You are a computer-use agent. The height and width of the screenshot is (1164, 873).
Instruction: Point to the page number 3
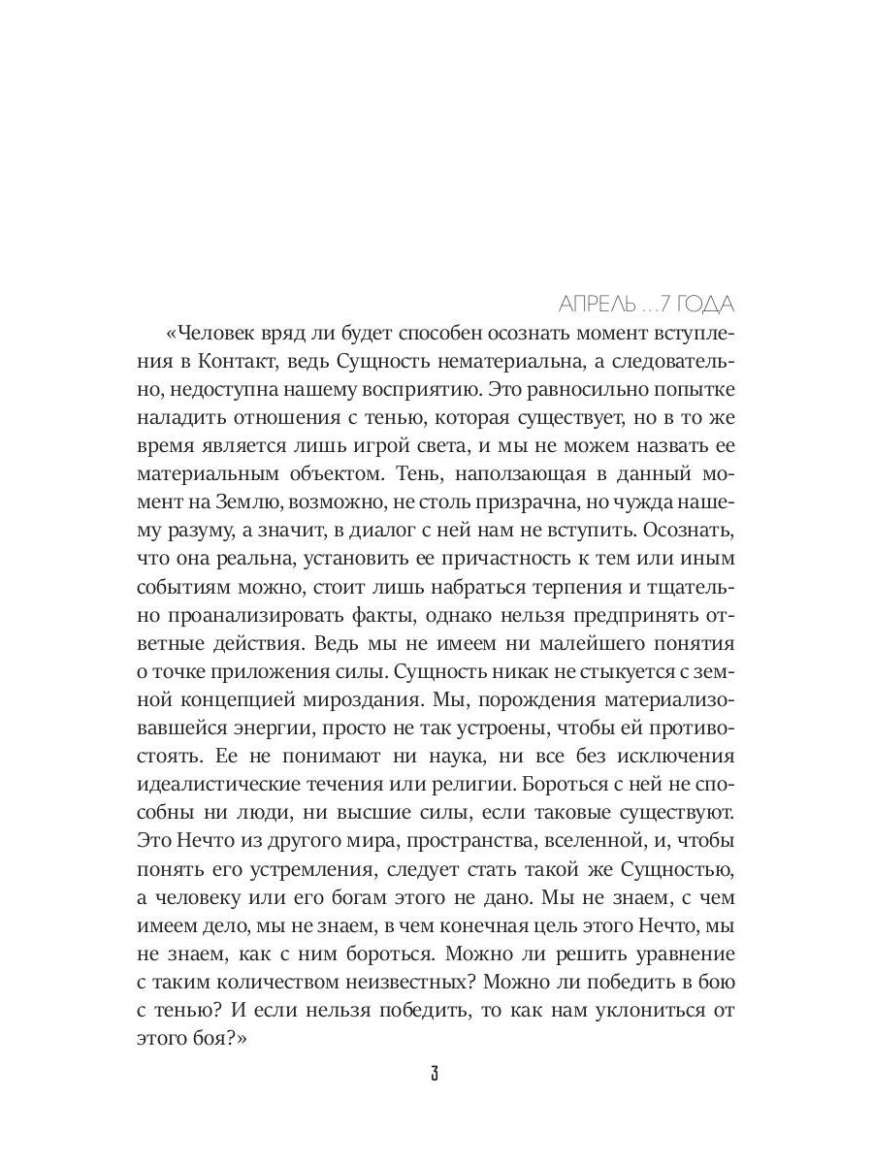click(436, 1076)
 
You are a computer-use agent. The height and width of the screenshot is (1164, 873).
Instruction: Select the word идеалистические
click(238, 785)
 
